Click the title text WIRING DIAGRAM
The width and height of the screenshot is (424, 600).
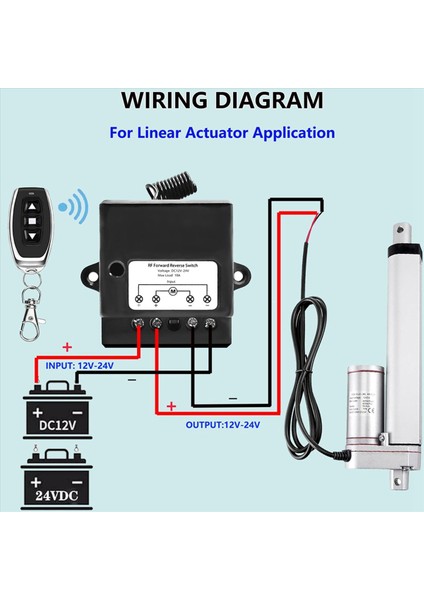pyautogui.click(x=222, y=101)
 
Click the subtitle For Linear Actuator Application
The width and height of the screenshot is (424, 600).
pyautogui.click(x=222, y=132)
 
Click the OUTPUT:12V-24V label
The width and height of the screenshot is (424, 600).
pyautogui.click(x=222, y=425)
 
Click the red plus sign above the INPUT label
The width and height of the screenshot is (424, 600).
pyautogui.click(x=68, y=347)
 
